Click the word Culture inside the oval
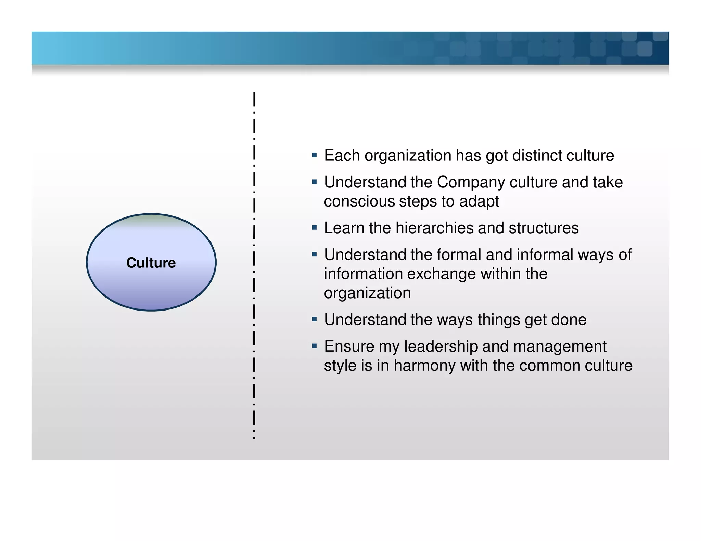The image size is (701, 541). [151, 263]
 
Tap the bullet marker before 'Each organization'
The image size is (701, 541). [314, 155]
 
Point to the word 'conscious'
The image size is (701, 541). [359, 201]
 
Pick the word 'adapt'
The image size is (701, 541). [479, 201]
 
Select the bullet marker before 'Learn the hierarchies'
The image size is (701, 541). [314, 228]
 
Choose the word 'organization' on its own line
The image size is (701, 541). [367, 293]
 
